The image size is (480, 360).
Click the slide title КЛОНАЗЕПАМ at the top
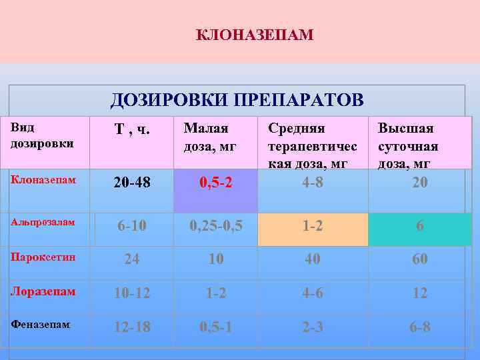pyautogui.click(x=255, y=34)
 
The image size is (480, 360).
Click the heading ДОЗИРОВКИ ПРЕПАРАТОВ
pyautogui.click(x=237, y=100)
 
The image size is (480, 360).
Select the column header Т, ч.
pyautogui.click(x=132, y=130)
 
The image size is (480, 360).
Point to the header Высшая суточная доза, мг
pyautogui.click(x=408, y=145)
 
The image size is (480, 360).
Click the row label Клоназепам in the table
pyautogui.click(x=43, y=180)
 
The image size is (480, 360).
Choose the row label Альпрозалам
pyautogui.click(x=43, y=222)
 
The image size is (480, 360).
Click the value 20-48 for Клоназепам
pyautogui.click(x=132, y=182)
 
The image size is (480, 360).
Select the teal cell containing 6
pyautogui.click(x=420, y=227)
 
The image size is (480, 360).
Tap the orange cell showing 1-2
pyautogui.click(x=313, y=226)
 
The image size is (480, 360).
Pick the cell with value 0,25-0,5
pyautogui.click(x=216, y=226)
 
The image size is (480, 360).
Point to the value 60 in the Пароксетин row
pyautogui.click(x=420, y=259)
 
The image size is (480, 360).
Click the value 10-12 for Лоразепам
pyautogui.click(x=132, y=293)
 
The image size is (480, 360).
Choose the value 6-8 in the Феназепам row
pyautogui.click(x=420, y=327)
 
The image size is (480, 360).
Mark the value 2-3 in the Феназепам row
pyautogui.click(x=313, y=327)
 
